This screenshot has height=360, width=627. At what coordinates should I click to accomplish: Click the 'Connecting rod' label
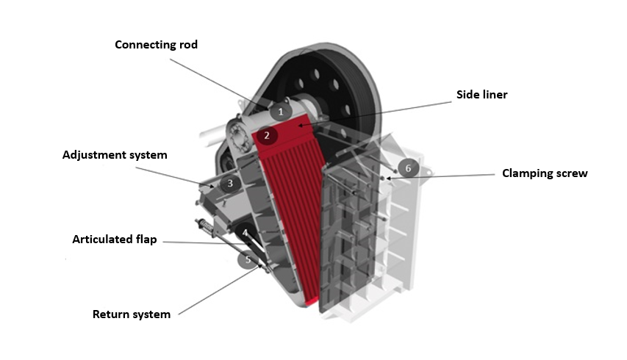tap(156, 45)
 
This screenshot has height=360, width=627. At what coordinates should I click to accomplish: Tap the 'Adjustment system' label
tap(115, 155)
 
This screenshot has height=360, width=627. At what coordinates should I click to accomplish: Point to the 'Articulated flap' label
tap(114, 240)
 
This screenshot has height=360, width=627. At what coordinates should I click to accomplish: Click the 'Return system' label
tap(131, 314)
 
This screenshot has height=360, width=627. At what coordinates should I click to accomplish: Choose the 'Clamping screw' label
tap(545, 173)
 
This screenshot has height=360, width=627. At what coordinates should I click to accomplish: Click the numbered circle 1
tap(279, 112)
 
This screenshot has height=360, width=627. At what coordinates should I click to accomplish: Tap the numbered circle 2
tap(267, 135)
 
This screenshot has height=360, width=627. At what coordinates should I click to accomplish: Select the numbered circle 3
tap(229, 184)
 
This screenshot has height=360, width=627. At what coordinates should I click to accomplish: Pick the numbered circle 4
tap(245, 233)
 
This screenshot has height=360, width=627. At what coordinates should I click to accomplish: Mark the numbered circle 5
tap(248, 259)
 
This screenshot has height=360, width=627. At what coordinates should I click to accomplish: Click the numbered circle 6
tap(409, 168)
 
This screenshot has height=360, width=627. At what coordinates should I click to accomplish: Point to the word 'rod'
tap(187, 45)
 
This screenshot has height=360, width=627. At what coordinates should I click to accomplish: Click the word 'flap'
tap(145, 240)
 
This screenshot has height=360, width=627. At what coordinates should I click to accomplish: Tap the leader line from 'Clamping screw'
tap(441, 176)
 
